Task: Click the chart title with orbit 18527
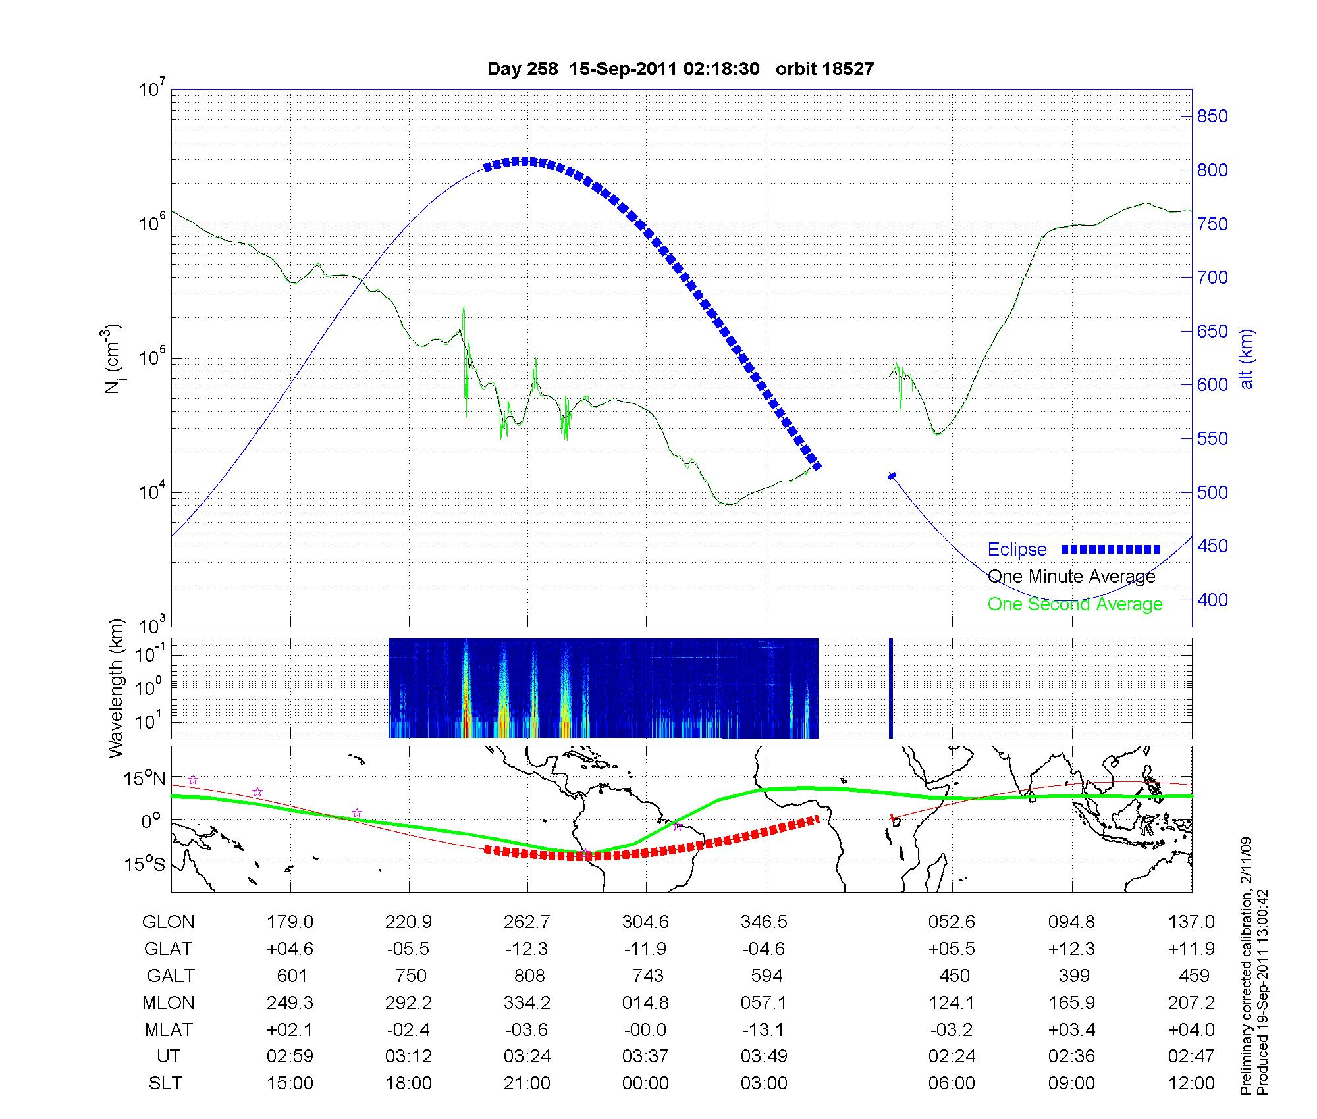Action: [680, 69]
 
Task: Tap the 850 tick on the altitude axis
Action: [1212, 117]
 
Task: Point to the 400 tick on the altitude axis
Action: [1212, 600]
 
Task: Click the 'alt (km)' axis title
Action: [1247, 359]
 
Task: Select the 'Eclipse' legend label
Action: [1017, 550]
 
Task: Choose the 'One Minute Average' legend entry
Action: [1071, 577]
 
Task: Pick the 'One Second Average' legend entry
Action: [1075, 604]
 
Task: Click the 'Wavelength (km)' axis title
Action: [116, 689]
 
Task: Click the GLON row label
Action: [168, 922]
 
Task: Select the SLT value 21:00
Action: [527, 1083]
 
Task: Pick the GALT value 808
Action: [529, 976]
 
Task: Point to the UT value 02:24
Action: [952, 1056]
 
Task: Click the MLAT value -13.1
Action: [764, 1029]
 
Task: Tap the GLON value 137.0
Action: [1191, 922]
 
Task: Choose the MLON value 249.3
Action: [290, 1002]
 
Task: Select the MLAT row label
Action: [168, 1029]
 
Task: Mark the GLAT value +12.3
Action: [1071, 949]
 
